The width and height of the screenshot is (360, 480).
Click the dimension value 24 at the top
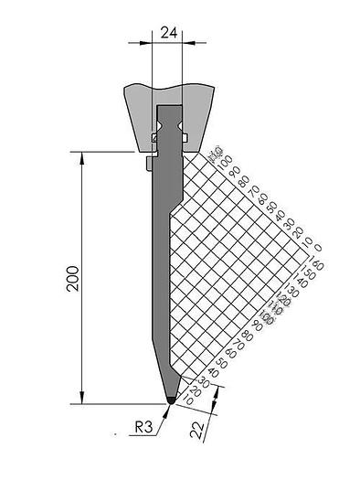click(168, 31)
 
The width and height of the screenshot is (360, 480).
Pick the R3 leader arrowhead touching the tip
click(167, 406)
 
